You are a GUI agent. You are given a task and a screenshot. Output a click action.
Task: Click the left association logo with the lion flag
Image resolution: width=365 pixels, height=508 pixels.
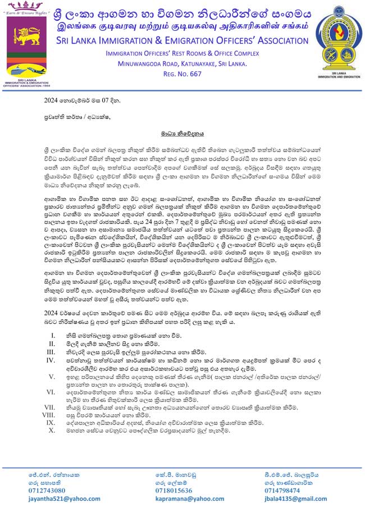[x=26, y=48]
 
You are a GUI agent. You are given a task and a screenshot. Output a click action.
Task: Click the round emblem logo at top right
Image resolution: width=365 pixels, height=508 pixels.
[x=336, y=44]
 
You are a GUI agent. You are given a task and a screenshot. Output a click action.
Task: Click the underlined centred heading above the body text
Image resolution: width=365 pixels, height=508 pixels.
[x=182, y=135]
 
